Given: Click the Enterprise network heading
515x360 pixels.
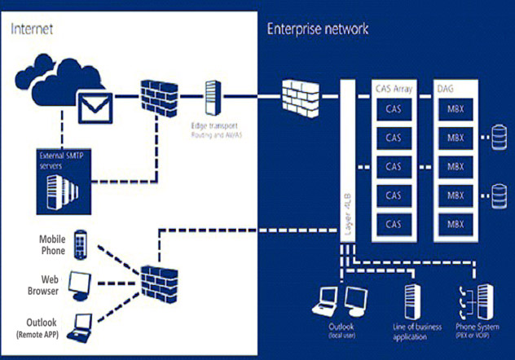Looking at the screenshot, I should tap(318, 29).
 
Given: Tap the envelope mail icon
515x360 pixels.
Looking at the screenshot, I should tap(93, 104).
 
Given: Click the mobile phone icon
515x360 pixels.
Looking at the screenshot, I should tap(80, 242).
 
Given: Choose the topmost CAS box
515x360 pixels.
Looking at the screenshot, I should tap(394, 108).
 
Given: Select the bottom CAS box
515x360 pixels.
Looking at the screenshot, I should tap(394, 224).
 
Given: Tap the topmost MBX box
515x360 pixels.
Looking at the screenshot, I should tap(454, 108).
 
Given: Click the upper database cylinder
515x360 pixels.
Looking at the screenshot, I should tap(498, 134).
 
